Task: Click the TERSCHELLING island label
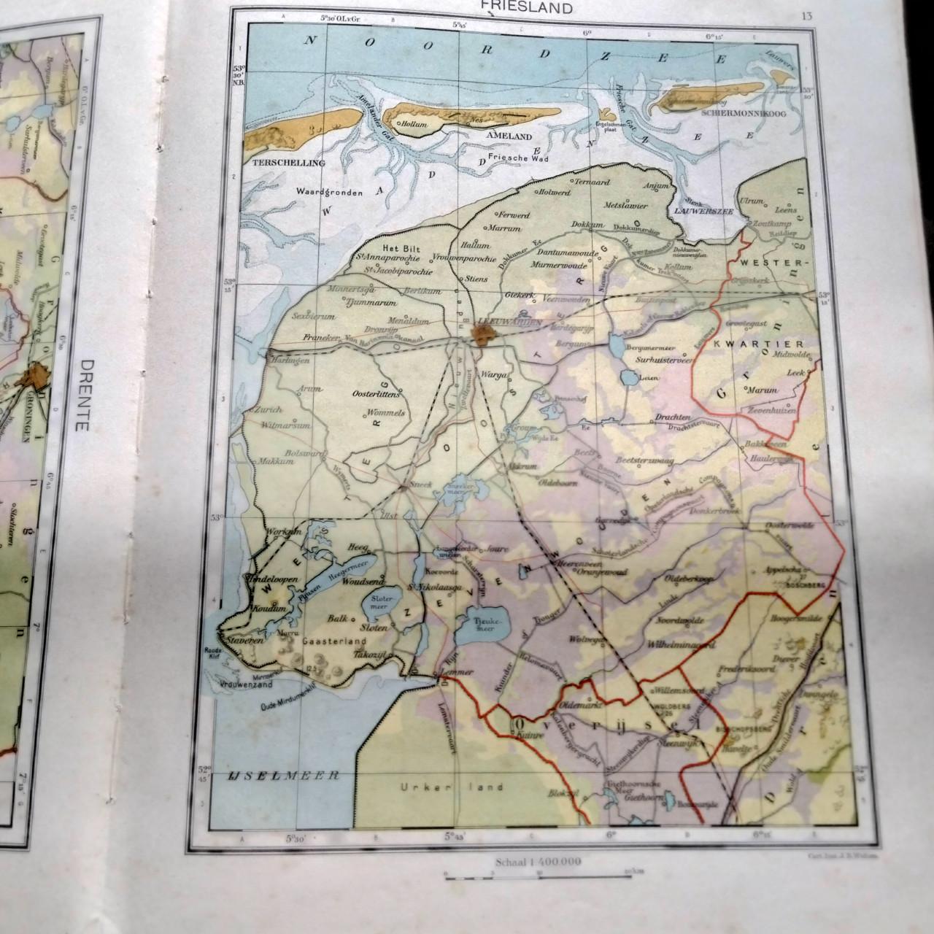coord(287,163)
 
